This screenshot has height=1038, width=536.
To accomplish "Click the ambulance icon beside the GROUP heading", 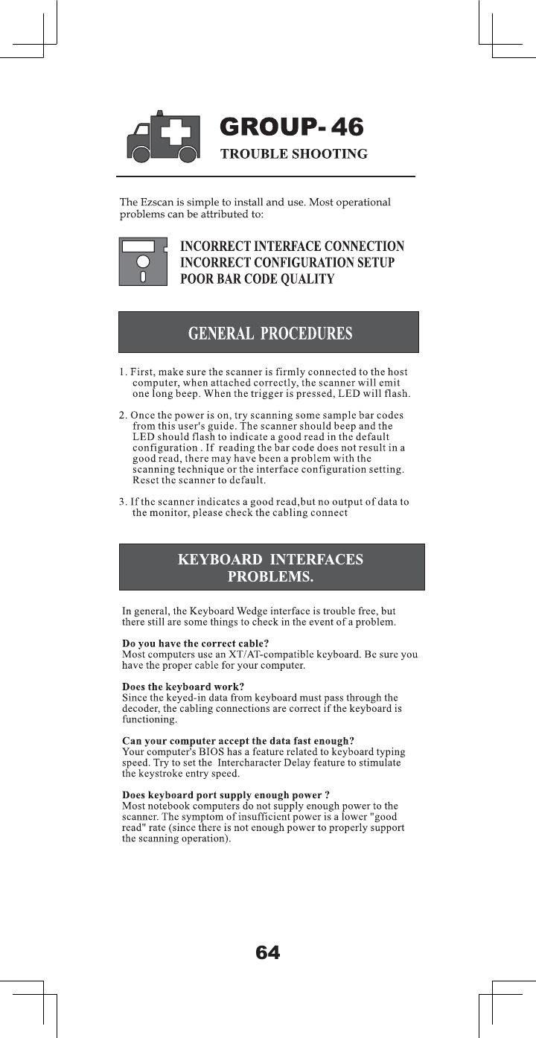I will tap(164, 136).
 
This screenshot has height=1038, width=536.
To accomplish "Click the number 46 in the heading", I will tap(346, 128).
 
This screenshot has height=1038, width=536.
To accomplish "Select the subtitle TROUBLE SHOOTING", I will tap(293, 154).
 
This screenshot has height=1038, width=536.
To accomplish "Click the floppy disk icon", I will tap(142, 261).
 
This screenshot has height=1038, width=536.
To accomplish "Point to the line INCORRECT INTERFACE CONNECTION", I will tap(293, 246).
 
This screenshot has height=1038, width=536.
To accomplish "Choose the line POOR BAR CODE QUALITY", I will tap(258, 279).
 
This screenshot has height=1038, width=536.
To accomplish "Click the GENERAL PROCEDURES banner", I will tap(269, 332).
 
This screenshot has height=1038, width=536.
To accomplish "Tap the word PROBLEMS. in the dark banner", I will tap(270, 577).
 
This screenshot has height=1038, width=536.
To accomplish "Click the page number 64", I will tap(268, 952).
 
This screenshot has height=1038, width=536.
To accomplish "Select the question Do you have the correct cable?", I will tap(195, 643).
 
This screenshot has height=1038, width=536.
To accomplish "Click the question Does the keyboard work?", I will tap(182, 687).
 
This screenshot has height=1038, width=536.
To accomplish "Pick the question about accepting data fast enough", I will tap(237, 741).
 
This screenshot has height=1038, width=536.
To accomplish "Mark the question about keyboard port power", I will tap(226, 795).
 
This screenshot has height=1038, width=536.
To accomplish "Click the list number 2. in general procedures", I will tap(124, 414).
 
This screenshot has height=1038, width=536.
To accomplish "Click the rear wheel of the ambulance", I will tap(188, 154).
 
